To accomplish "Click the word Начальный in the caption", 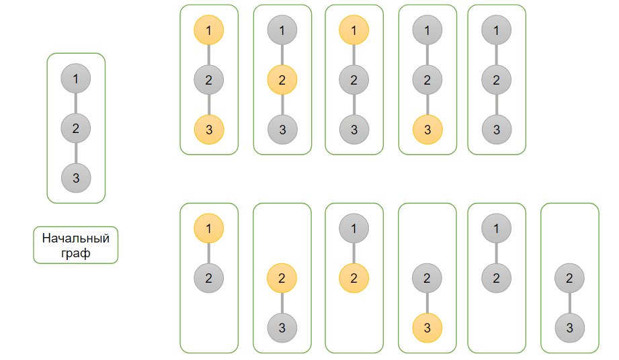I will pos(75,238).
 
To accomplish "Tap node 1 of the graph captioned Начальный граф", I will pos(75,79).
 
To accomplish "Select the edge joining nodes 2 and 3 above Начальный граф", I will pos(75,152).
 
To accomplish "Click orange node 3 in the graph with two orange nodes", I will pos(208,130).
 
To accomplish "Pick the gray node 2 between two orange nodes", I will pos(208,80).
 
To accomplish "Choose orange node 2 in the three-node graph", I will pos(282,80).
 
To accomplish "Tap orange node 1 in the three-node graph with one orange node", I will pos(354,30).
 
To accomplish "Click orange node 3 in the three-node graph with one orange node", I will pos(427,130).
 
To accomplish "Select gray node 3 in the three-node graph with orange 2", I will pos(282,130).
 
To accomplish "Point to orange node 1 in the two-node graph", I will pos(208,228).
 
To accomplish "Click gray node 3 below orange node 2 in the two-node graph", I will pos(282,328).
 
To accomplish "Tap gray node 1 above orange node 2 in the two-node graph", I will pos(354,228).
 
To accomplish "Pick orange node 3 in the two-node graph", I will pos(427,328).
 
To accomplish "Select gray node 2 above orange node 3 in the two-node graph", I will pos(427,278).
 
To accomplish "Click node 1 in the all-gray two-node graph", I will pos(496,228).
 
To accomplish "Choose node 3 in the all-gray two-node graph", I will pos(569,328).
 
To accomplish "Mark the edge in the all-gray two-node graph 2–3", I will pos(569,303).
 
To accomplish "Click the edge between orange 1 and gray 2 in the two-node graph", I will pos(208,253).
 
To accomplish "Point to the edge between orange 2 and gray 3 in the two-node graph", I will pos(282,303).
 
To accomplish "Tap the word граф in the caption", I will pos(75,254).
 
